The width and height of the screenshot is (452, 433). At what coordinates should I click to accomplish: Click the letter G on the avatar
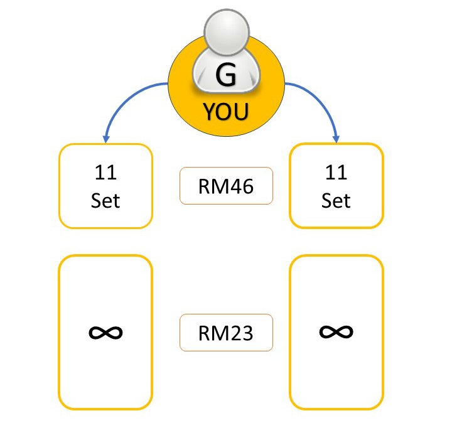(x=226, y=76)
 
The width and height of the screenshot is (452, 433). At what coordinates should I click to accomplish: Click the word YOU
(x=226, y=112)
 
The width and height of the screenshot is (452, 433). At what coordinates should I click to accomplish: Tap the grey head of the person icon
(x=227, y=35)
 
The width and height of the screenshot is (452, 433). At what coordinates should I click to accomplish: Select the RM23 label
(x=226, y=332)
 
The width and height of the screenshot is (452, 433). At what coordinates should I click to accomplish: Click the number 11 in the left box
(x=105, y=171)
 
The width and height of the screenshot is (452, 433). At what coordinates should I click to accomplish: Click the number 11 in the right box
(x=336, y=171)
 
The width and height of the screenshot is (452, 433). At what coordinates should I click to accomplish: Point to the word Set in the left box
(x=105, y=200)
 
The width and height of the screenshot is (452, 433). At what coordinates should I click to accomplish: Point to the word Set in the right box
(x=336, y=200)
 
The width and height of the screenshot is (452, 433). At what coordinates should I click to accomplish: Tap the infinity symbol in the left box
(x=105, y=332)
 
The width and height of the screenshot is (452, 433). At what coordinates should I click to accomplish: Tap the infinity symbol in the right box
(x=336, y=331)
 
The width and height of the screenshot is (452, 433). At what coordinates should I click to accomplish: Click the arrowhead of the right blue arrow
(x=337, y=136)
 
